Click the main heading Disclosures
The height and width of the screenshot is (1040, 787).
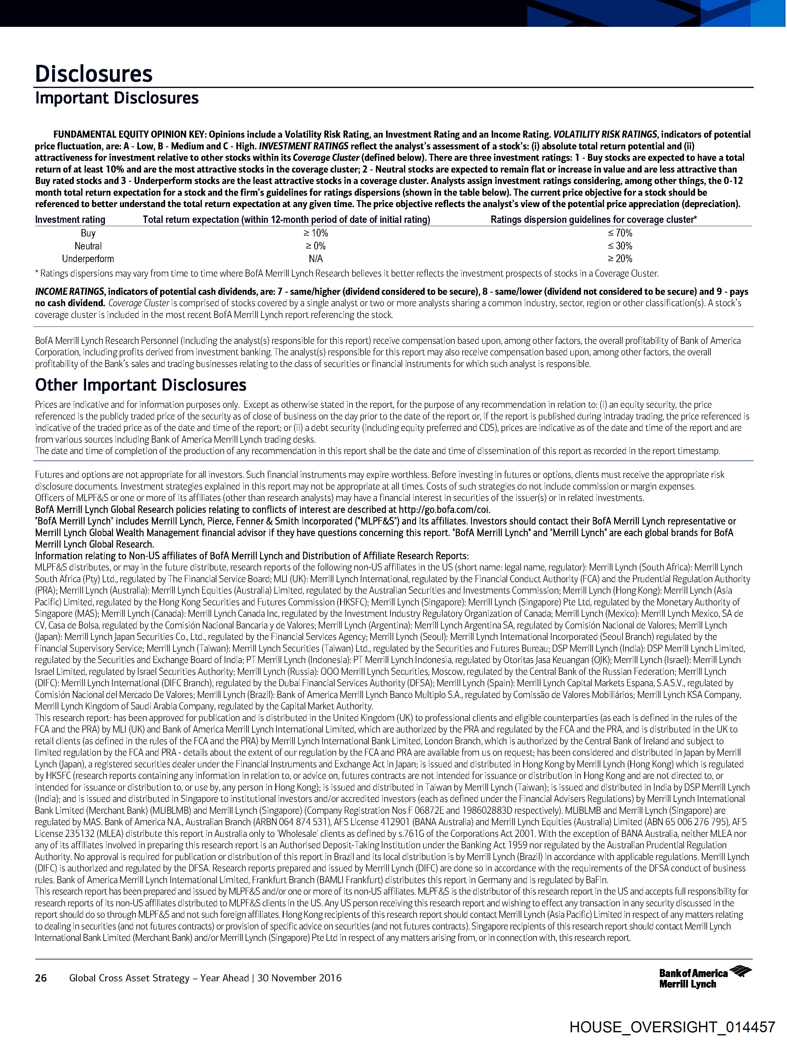(94, 74)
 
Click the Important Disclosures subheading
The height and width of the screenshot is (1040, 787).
(117, 98)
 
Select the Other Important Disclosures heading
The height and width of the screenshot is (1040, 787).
(140, 385)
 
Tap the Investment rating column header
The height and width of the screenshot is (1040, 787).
(70, 219)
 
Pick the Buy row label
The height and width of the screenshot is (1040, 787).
(88, 233)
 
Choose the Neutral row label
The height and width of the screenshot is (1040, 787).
(88, 246)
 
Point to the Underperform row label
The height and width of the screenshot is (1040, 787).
(88, 259)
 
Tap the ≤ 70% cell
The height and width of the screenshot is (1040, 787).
(620, 233)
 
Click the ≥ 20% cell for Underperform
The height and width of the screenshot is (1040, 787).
(620, 259)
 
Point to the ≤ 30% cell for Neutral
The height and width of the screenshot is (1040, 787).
(620, 246)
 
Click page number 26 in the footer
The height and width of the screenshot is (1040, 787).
(41, 978)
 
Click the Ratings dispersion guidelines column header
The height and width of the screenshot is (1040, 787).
(593, 219)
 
